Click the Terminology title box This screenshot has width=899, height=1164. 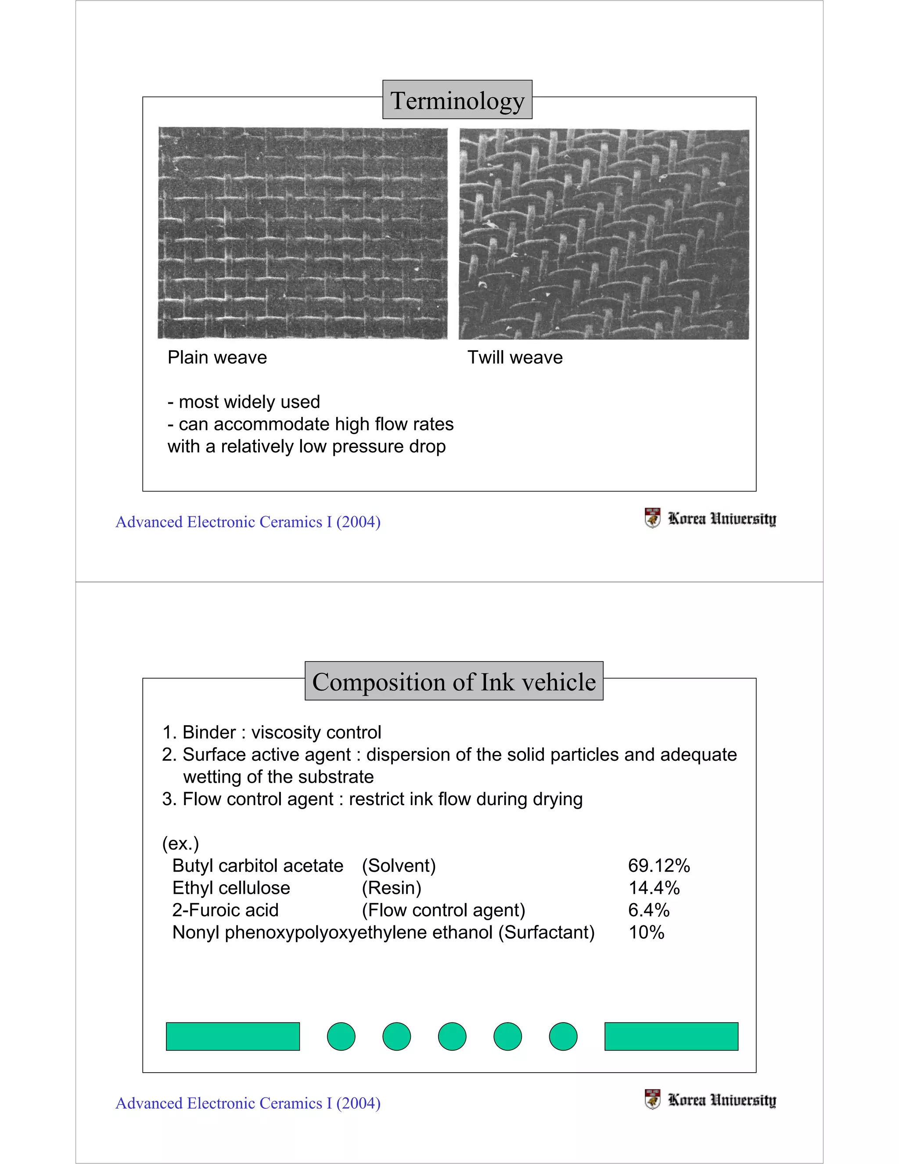[457, 100]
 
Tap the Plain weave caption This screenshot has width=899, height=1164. [217, 357]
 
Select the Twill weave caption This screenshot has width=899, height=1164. [514, 357]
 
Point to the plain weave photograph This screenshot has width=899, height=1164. [302, 233]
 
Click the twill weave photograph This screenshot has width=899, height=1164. [604, 234]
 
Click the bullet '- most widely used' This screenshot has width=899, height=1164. [244, 402]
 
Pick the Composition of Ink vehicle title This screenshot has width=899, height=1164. [454, 682]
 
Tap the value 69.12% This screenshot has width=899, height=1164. [659, 866]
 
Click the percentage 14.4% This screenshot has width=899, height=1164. [654, 888]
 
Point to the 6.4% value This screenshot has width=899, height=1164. [649, 910]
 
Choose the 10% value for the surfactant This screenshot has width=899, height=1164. [646, 933]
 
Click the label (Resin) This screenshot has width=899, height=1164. [392, 888]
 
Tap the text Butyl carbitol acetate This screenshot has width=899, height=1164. [258, 866]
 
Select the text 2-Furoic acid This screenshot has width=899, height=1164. [225, 910]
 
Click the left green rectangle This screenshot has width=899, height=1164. [233, 1037]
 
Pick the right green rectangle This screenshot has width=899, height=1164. [671, 1037]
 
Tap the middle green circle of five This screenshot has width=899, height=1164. [452, 1037]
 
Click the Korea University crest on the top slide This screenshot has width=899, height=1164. [652, 517]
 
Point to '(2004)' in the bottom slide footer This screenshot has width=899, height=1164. [359, 1103]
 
